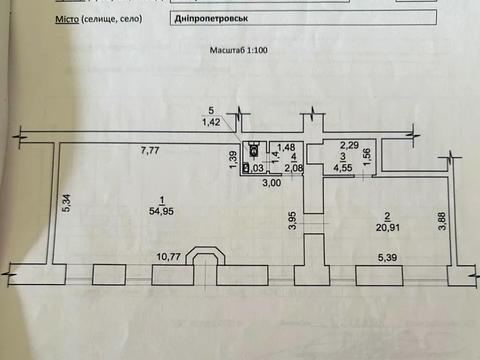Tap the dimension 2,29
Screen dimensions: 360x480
click(348, 145)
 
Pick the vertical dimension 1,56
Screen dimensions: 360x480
click(367, 157)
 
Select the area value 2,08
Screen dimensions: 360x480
click(293, 168)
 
